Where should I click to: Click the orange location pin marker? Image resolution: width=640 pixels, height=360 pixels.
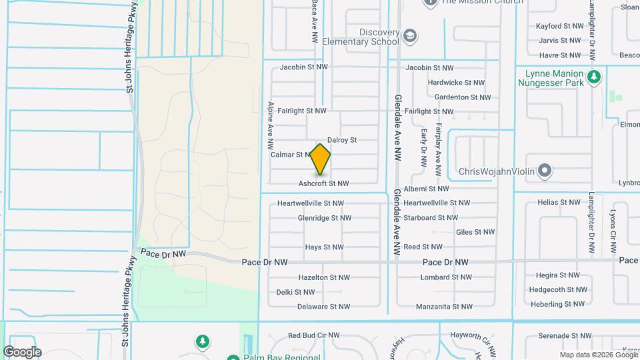point(321,159)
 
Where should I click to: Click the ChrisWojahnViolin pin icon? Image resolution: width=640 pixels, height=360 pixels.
point(545,171)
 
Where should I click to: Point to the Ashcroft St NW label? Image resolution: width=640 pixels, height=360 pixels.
point(324,183)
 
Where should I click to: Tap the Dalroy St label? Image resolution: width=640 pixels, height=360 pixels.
point(342,140)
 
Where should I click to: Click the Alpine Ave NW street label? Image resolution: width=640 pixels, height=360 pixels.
point(271,125)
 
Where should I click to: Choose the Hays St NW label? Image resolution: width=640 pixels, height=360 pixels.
point(324,247)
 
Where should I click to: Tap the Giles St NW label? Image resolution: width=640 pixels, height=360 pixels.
point(475,232)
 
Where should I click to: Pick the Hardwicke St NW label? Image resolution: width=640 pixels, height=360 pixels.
point(457,83)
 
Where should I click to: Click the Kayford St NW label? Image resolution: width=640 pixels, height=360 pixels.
point(559,27)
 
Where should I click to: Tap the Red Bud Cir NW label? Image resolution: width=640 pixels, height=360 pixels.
point(313,335)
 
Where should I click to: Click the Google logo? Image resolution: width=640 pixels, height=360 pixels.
point(22,351)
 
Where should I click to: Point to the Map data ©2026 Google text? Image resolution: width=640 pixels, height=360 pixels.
point(598,355)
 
